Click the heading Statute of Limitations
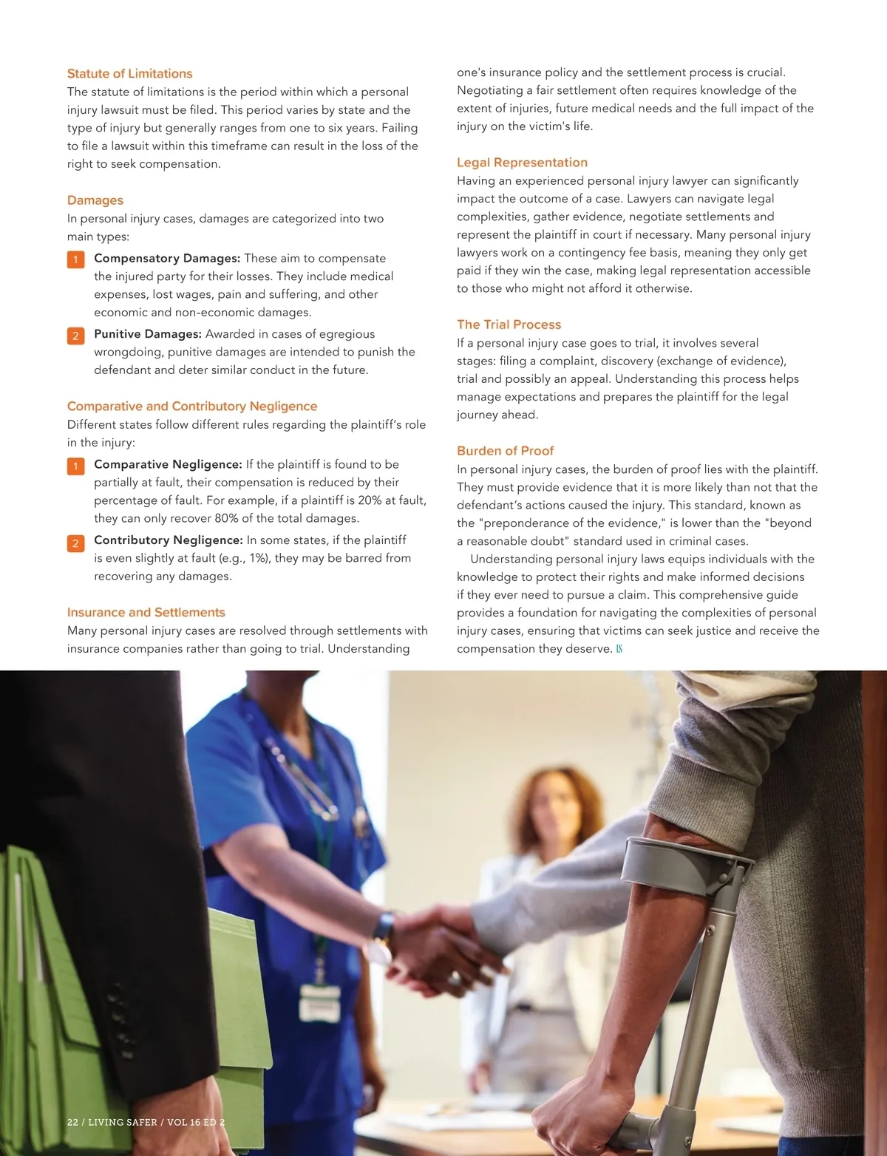click(129, 74)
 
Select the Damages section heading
click(95, 200)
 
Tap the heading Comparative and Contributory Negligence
click(192, 407)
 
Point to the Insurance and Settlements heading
click(146, 613)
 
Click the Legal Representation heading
click(522, 163)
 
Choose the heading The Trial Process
click(509, 324)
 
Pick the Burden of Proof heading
click(505, 451)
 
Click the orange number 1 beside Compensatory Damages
click(75, 259)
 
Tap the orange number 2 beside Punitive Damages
click(75, 336)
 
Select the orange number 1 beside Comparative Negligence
click(75, 466)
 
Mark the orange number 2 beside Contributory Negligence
click(75, 543)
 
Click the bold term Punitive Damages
click(148, 334)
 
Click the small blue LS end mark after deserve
click(619, 649)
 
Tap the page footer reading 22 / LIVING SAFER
click(146, 1122)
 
